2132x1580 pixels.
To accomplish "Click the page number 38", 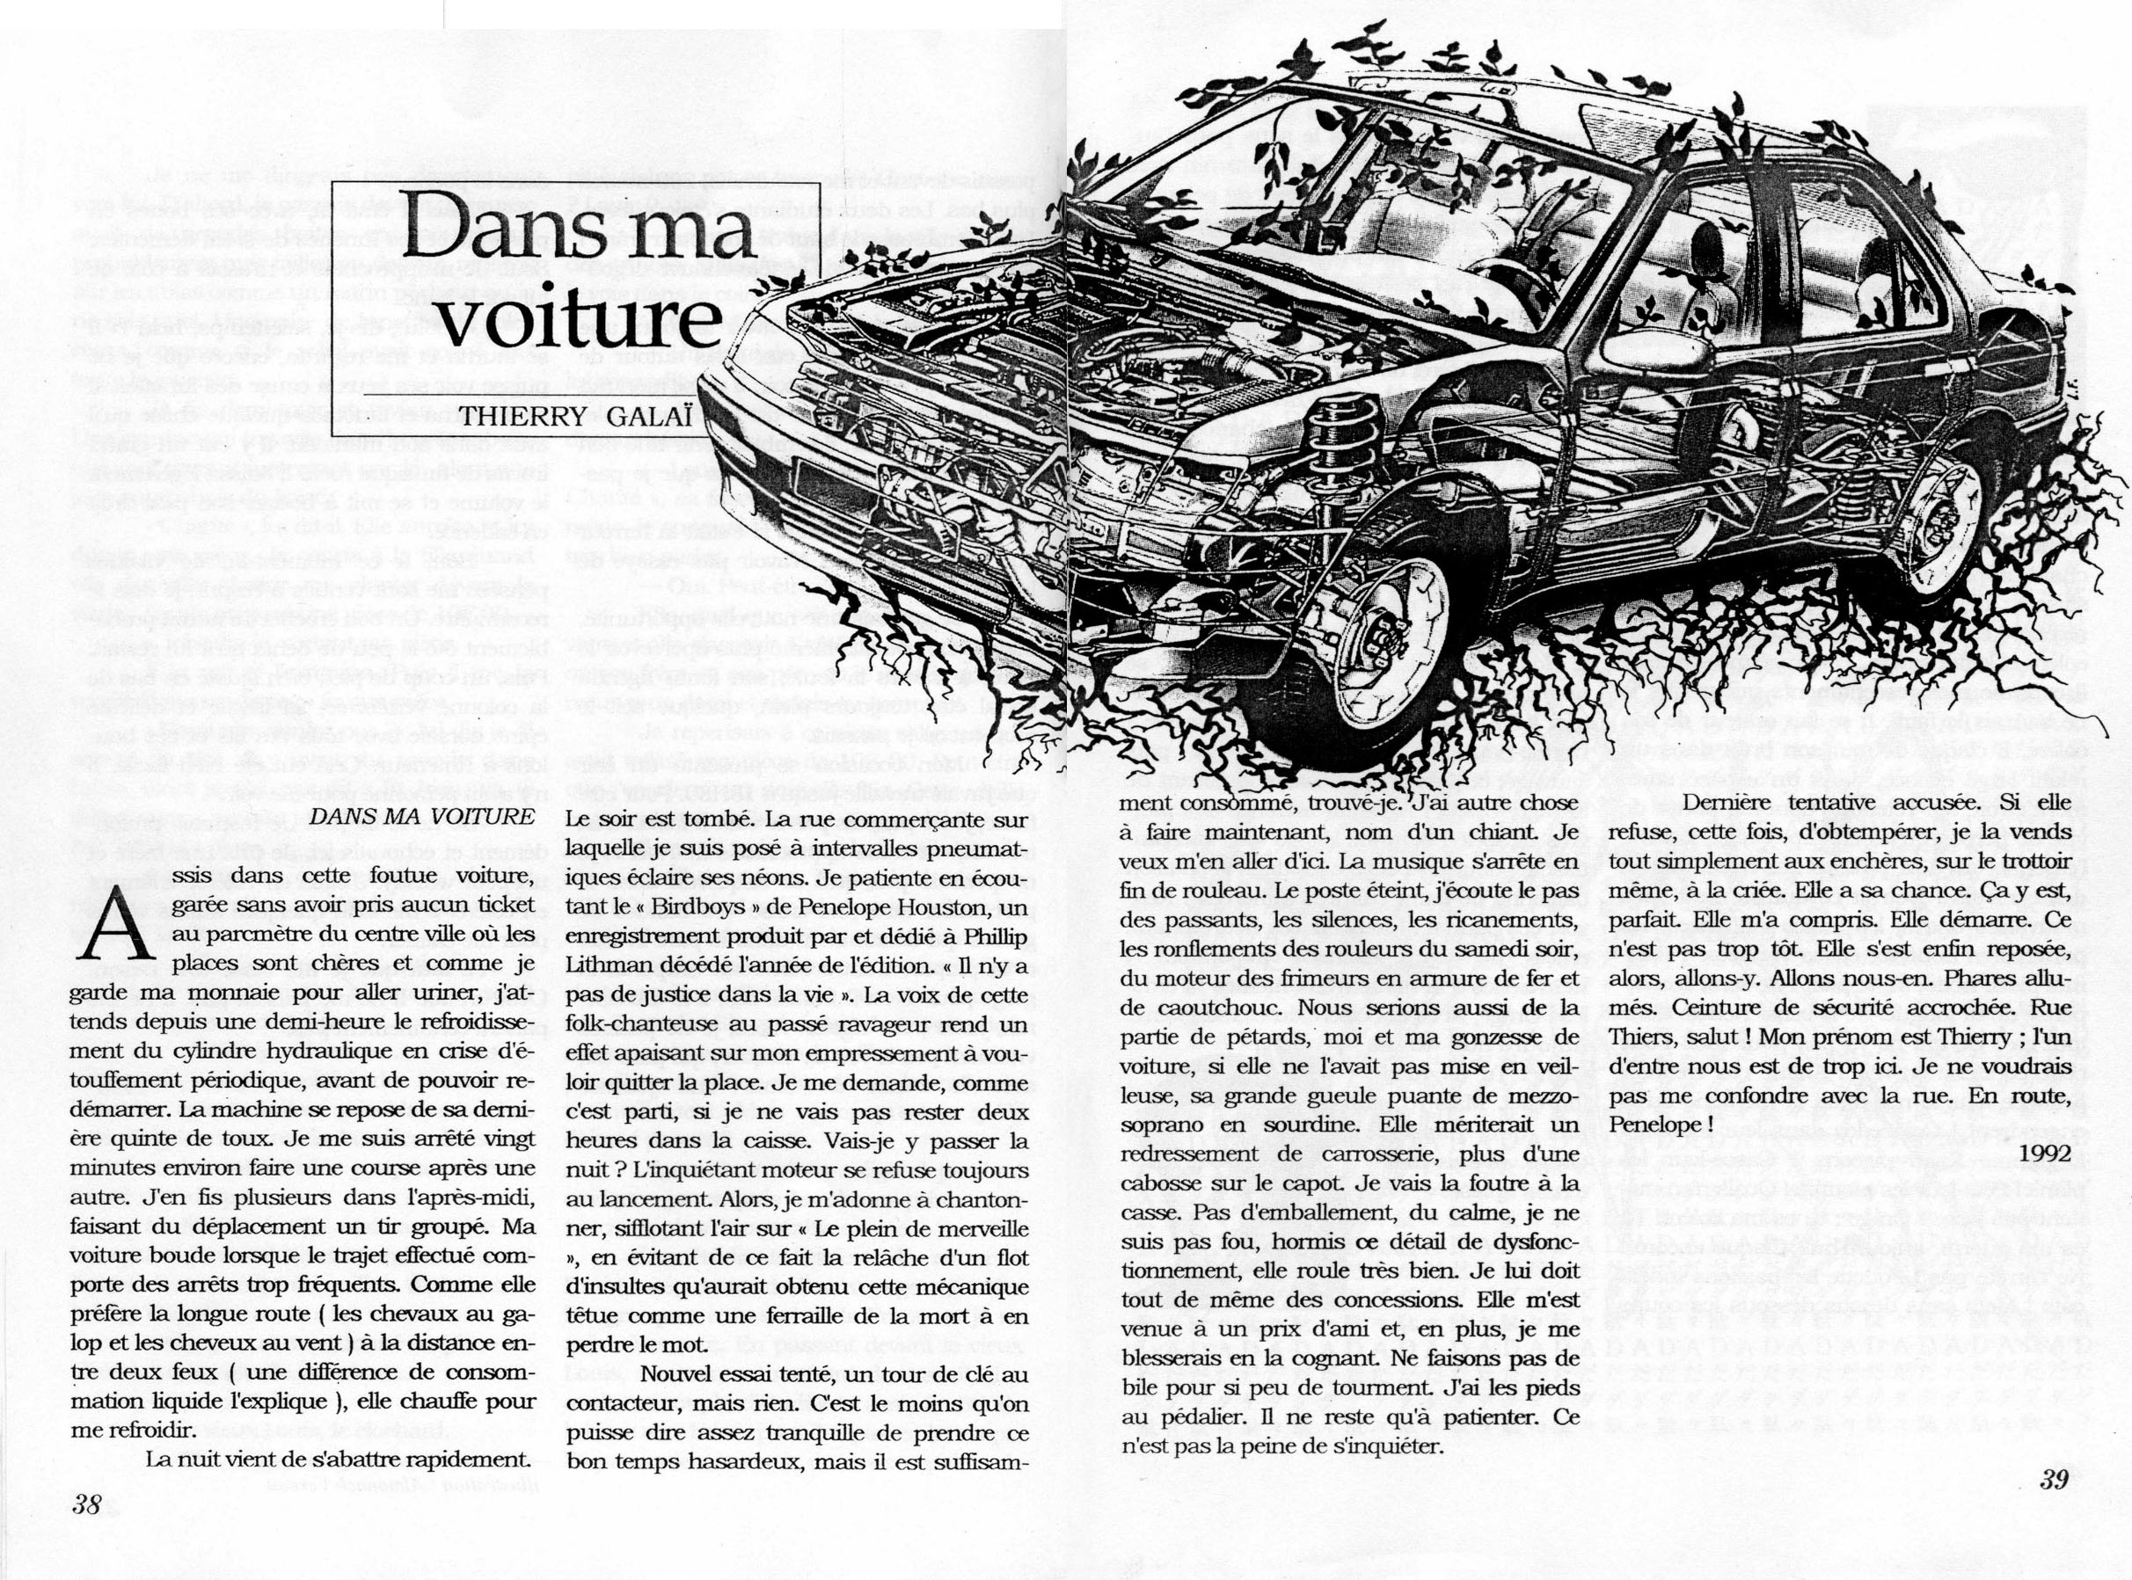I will click(86, 1504).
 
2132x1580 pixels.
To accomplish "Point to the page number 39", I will click(2054, 1480).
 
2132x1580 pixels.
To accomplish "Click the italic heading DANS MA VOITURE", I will click(422, 816).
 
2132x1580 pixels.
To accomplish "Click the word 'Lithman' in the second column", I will click(605, 966).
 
